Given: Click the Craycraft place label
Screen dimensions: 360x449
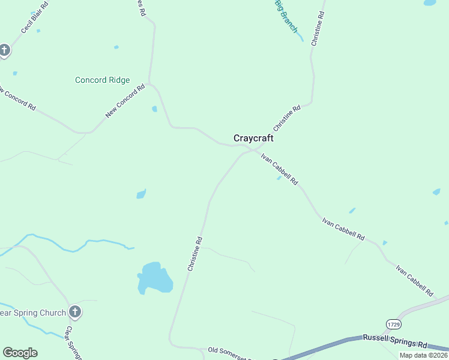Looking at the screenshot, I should (x=253, y=139).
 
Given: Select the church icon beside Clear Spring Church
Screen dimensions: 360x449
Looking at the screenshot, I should (x=74, y=311).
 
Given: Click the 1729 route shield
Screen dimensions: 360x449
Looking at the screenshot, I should (x=394, y=324).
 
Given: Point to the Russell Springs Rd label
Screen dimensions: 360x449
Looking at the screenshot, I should (x=394, y=342).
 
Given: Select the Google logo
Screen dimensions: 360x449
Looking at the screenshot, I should (x=20, y=353).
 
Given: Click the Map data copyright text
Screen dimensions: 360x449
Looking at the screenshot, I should (x=423, y=355).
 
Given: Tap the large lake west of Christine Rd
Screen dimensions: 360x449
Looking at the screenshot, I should (x=155, y=278).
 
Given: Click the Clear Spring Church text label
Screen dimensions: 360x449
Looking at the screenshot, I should (x=33, y=313).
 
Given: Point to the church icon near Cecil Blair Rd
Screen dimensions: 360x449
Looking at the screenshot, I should (x=4, y=50).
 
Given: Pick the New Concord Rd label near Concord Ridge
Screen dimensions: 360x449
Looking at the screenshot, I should (x=125, y=100).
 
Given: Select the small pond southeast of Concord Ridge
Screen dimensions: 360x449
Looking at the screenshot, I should (x=154, y=109).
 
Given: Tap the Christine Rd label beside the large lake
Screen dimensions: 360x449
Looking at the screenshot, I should (x=195, y=254).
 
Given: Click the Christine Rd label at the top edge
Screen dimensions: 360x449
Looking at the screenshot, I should (x=318, y=29).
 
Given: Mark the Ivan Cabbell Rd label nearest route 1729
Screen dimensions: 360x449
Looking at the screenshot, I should (x=415, y=280).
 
